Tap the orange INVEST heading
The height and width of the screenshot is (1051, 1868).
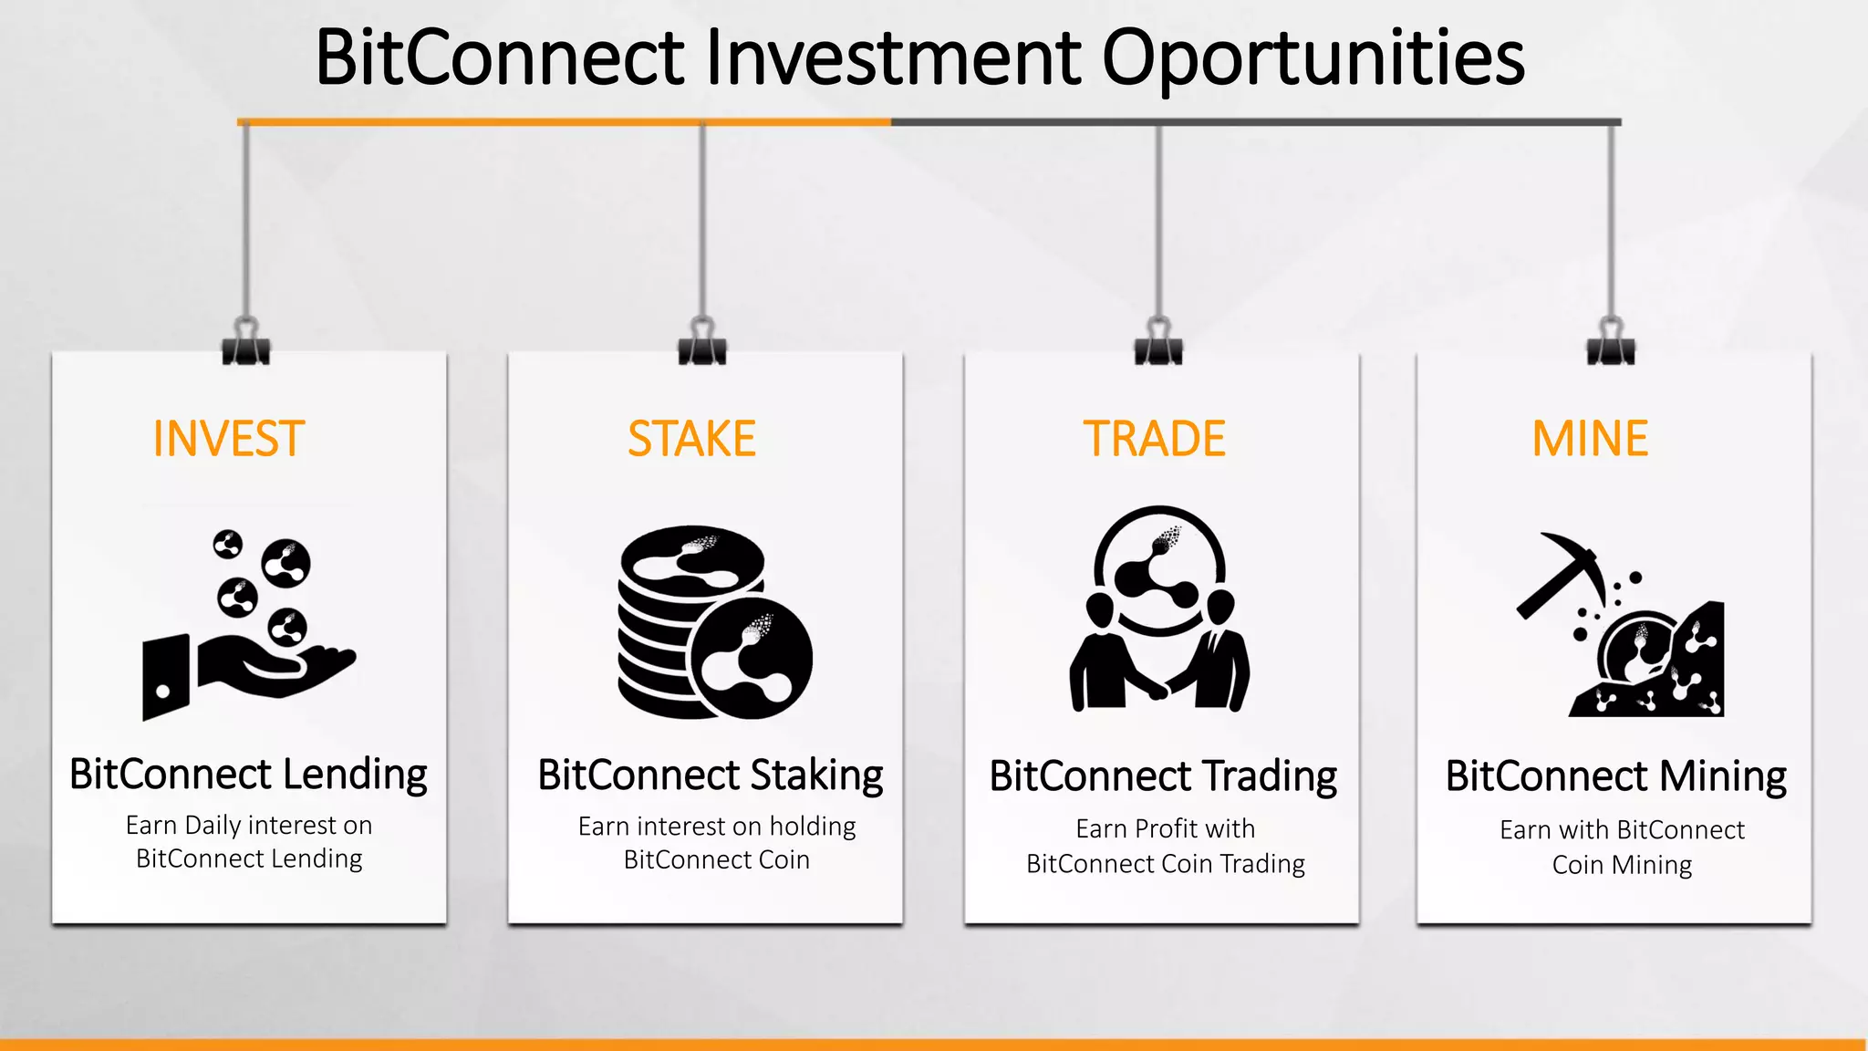(228, 439)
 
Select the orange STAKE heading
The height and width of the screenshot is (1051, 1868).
(691, 439)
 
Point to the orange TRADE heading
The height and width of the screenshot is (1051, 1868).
(1154, 439)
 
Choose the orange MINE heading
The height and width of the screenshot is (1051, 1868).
(1590, 439)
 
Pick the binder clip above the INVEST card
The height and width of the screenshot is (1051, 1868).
(246, 343)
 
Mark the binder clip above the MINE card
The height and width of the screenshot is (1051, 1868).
(1611, 343)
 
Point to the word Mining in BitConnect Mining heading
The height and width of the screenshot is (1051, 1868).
(1722, 776)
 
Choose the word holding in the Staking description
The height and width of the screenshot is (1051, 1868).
(812, 827)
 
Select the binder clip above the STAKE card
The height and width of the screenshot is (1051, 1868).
(702, 343)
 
